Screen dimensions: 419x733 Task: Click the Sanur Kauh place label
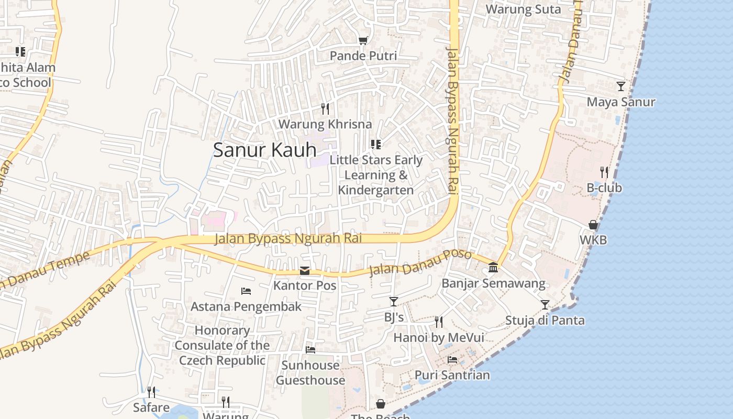click(x=264, y=150)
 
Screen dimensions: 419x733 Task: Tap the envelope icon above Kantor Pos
click(x=305, y=270)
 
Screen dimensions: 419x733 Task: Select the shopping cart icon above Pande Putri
click(x=363, y=40)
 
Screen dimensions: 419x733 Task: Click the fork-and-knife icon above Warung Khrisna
click(x=325, y=108)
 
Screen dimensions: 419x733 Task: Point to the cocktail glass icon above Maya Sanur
click(x=621, y=86)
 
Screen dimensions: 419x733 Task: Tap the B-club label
click(x=604, y=188)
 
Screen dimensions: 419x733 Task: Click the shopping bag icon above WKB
click(x=593, y=225)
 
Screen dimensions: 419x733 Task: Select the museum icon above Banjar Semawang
click(x=493, y=268)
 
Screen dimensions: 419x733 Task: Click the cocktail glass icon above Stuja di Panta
click(x=545, y=304)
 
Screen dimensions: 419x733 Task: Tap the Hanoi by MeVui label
click(x=439, y=338)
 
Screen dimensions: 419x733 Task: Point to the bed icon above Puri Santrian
click(x=452, y=360)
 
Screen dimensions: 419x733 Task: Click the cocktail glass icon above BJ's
click(x=394, y=302)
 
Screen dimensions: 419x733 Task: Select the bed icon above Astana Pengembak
click(x=246, y=291)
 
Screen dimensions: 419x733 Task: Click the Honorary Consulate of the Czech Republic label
click(x=222, y=345)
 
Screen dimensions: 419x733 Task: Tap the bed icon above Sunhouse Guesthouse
click(x=310, y=349)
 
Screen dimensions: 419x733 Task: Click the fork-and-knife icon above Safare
click(x=151, y=392)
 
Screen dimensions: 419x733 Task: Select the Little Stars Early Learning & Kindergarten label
click(x=376, y=175)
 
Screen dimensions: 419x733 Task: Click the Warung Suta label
click(x=523, y=9)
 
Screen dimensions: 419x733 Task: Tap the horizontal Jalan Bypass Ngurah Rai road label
click(x=288, y=239)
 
